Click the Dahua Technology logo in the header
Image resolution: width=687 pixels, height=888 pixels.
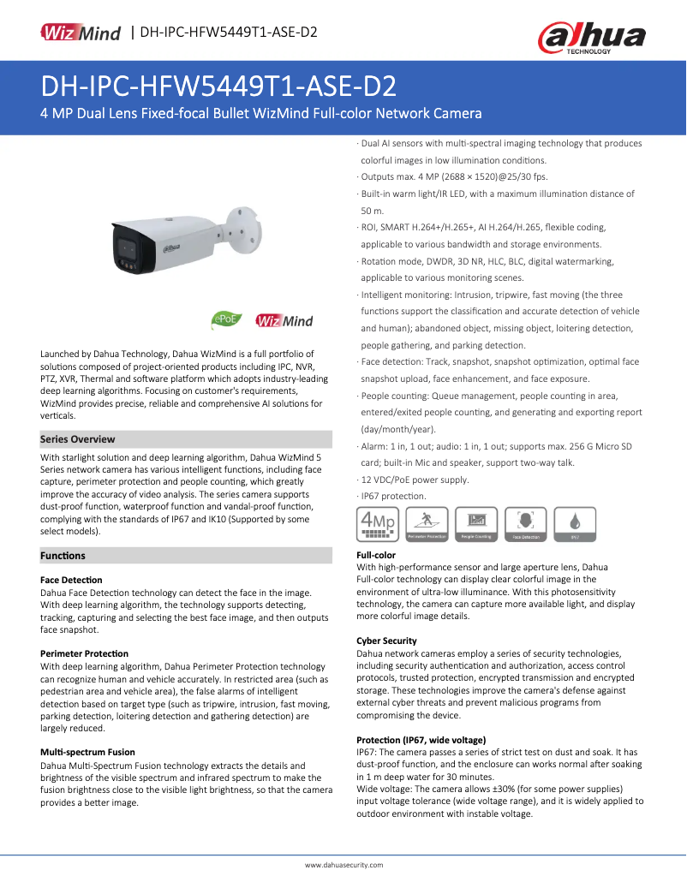point(591,38)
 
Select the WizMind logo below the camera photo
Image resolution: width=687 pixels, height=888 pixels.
point(284,321)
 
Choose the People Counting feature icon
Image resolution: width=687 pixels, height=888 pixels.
point(475,523)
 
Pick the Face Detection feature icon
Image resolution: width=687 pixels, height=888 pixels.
point(526,523)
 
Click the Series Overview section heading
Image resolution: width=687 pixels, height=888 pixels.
point(77,439)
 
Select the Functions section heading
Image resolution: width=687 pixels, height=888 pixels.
point(63,556)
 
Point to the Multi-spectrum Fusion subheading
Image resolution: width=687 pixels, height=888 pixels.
point(87,752)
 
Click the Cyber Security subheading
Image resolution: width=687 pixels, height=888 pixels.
point(386,641)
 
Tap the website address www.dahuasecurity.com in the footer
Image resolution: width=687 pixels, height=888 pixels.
point(344,865)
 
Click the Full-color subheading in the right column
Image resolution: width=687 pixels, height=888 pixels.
point(376,555)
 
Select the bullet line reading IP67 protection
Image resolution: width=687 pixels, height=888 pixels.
point(393,497)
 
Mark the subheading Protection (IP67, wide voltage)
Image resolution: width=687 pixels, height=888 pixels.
point(421,739)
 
